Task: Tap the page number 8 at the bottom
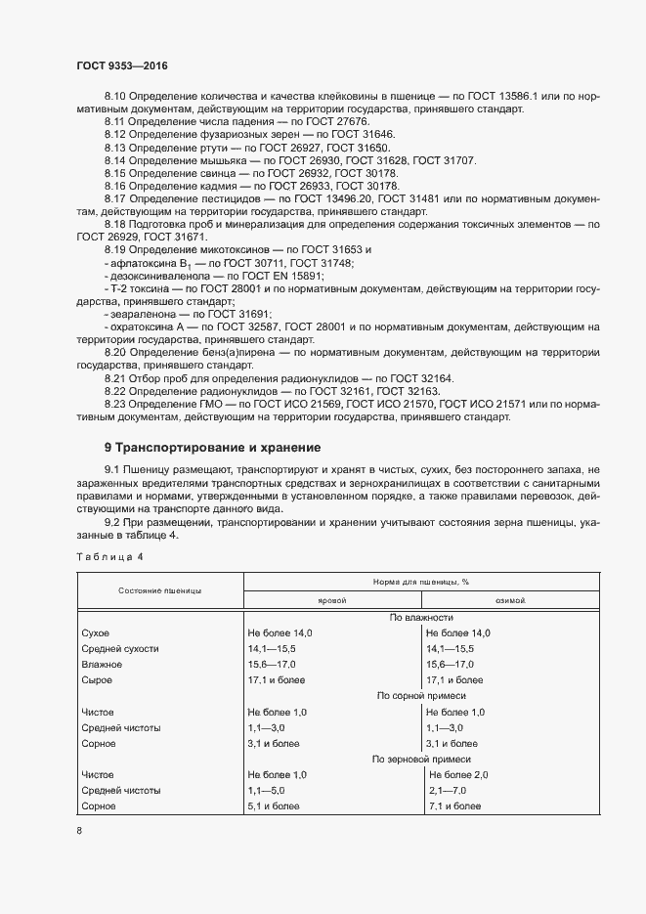pyautogui.click(x=79, y=830)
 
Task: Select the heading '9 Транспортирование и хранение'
pyautogui.click(x=212, y=448)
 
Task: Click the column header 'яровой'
pyautogui.click(x=332, y=601)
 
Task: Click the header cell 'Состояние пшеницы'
pyautogui.click(x=160, y=591)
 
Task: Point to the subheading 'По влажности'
pyautogui.click(x=421, y=618)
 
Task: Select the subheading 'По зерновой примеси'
pyautogui.click(x=421, y=759)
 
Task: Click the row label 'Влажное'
pyautogui.click(x=105, y=664)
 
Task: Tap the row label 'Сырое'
pyautogui.click(x=99, y=679)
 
